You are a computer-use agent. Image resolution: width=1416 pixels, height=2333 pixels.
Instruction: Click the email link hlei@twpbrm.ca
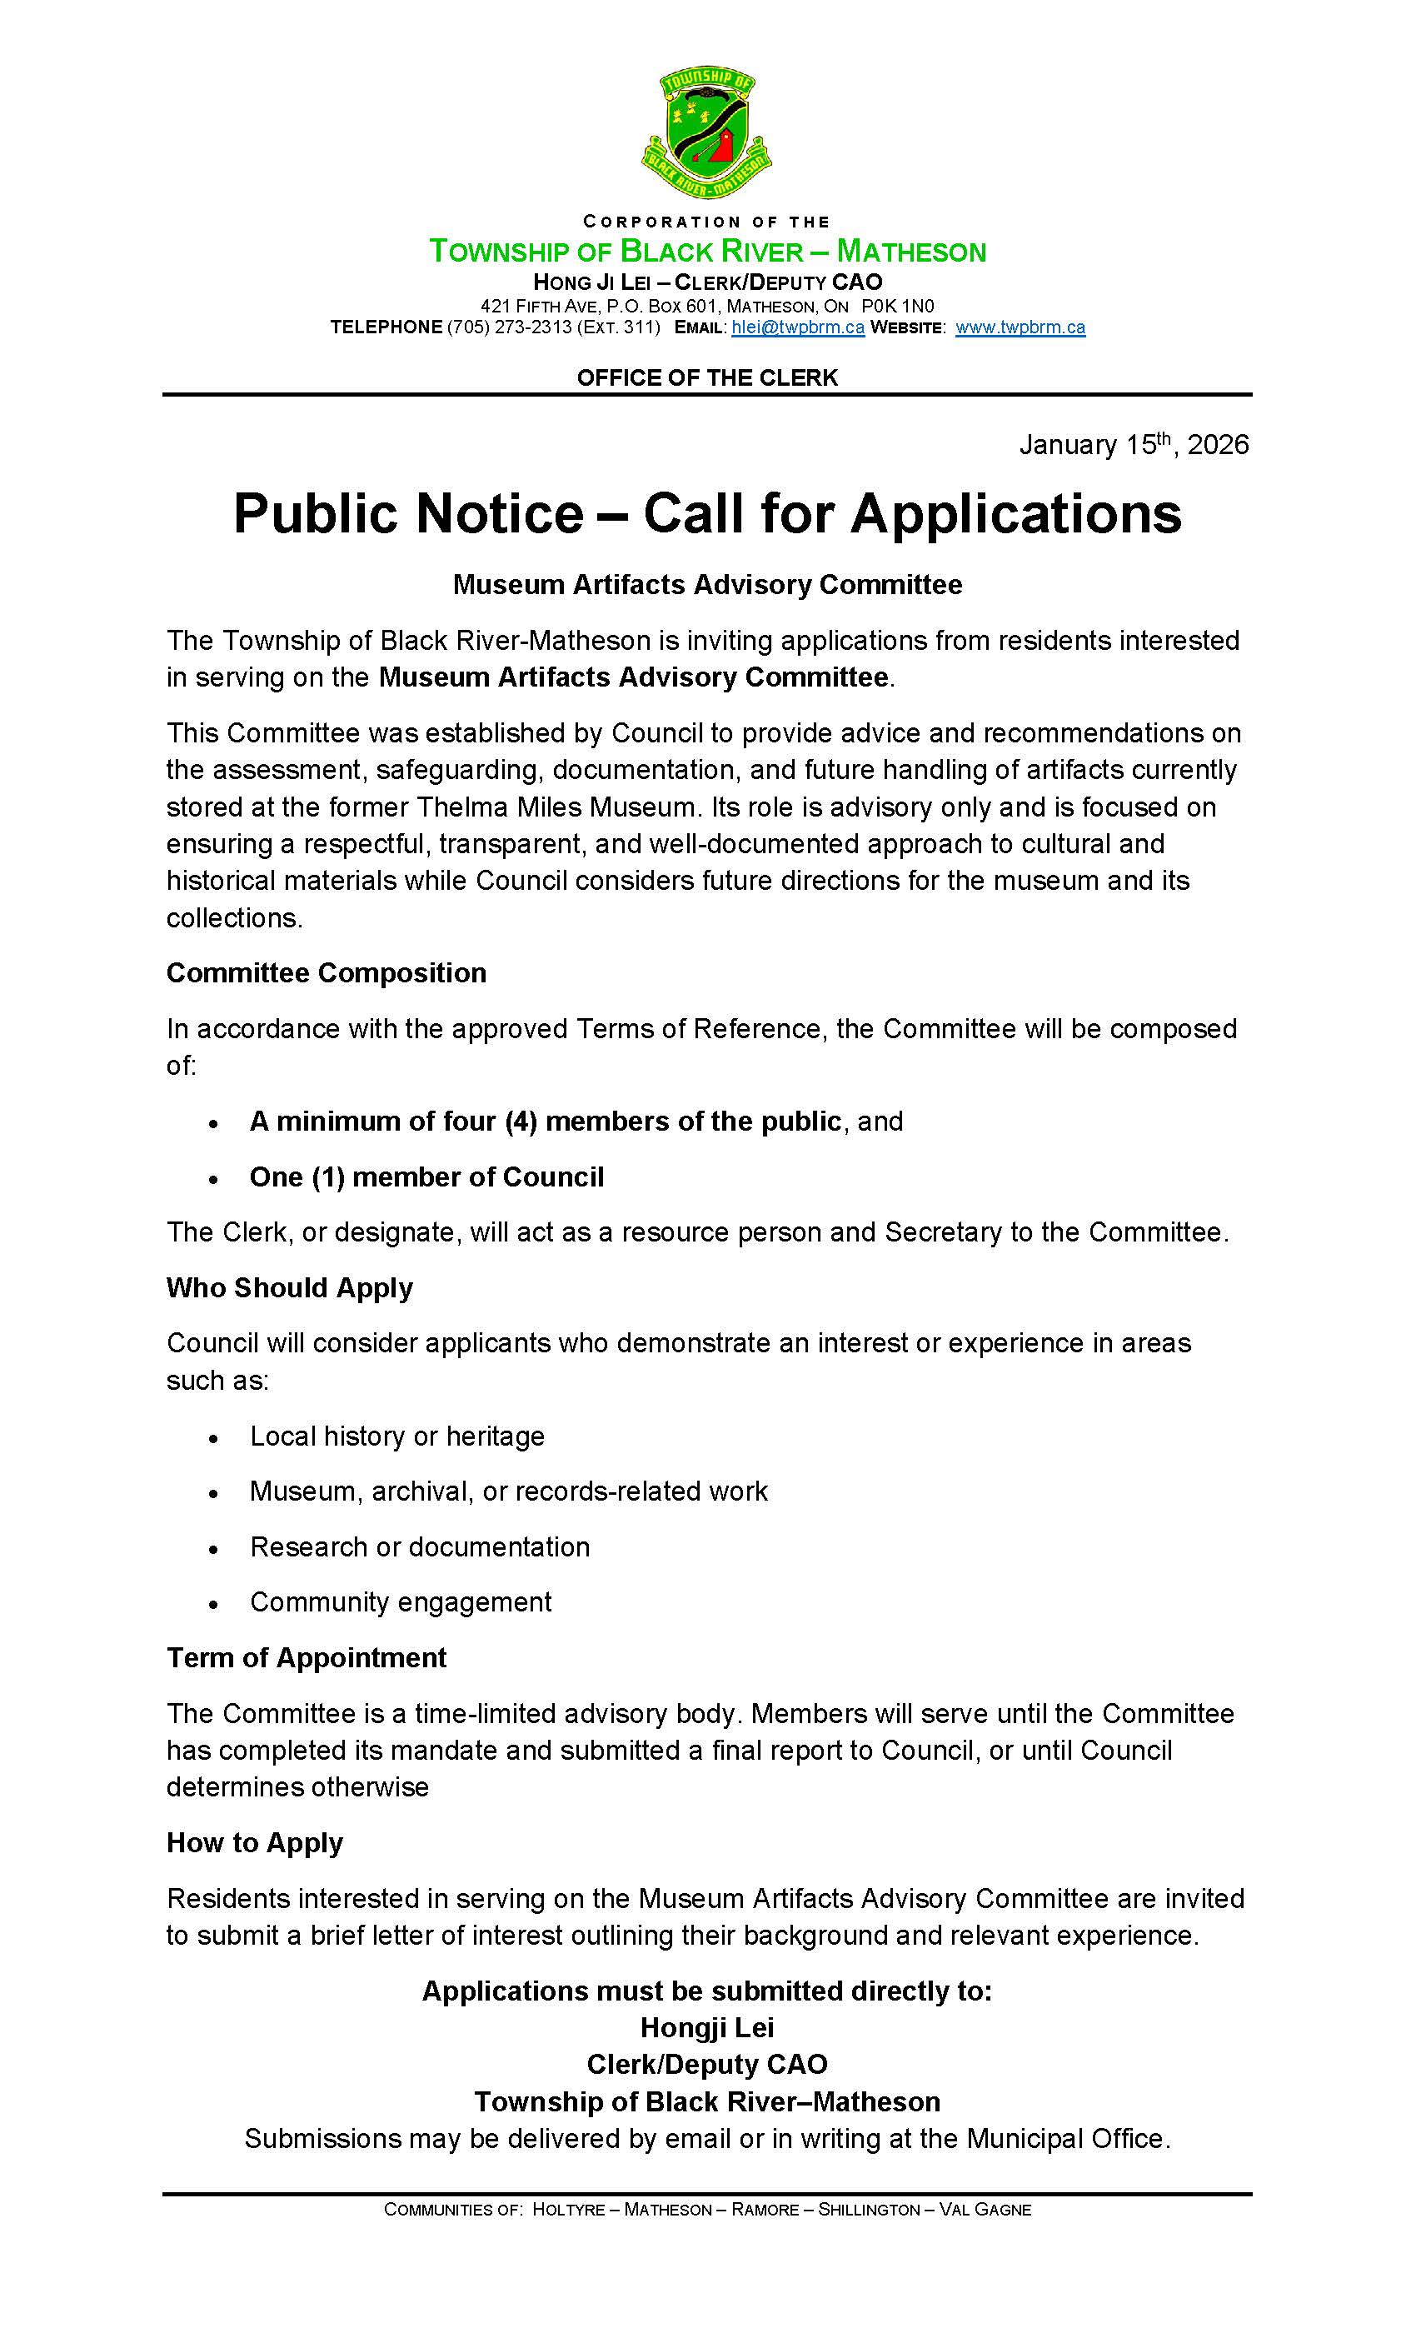tap(797, 327)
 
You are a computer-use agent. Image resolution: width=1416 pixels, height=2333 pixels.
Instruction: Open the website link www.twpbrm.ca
tap(1020, 327)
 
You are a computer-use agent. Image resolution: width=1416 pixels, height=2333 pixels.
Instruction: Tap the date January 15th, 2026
tap(1133, 445)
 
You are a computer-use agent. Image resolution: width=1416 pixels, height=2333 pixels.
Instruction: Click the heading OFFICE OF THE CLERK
tap(707, 377)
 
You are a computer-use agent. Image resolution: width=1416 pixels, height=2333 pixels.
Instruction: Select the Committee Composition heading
tap(326, 972)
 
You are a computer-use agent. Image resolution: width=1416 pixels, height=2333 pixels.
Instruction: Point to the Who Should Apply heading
tap(290, 1287)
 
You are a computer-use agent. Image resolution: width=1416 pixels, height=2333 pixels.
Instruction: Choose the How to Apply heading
tap(255, 1842)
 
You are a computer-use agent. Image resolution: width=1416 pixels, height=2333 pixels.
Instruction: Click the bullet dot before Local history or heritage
tap(215, 1438)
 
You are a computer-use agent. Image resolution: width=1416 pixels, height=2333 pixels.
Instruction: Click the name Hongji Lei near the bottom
tap(707, 2027)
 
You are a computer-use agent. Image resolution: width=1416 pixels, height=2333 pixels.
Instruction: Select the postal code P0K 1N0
tap(897, 306)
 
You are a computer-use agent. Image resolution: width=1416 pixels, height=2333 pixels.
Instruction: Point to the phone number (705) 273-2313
tap(509, 327)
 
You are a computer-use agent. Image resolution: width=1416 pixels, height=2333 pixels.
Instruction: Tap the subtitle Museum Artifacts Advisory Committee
tap(707, 584)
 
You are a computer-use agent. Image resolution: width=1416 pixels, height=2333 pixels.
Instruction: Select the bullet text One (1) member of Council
tap(426, 1176)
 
